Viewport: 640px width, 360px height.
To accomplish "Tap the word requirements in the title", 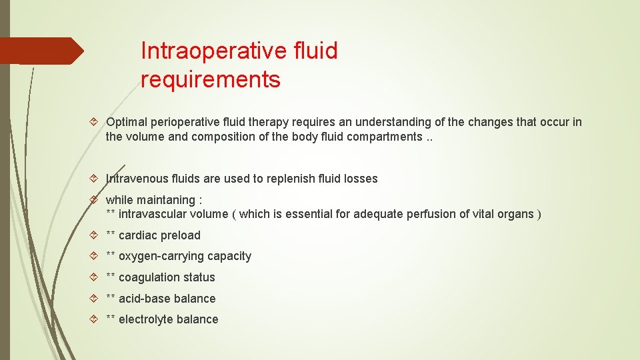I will click(x=211, y=80).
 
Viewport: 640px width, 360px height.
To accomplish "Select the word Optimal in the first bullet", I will click(x=127, y=122).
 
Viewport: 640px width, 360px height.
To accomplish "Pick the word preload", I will click(x=181, y=235).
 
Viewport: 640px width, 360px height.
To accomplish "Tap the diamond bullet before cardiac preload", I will click(x=95, y=235).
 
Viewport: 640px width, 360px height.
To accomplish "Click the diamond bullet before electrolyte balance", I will click(x=95, y=319).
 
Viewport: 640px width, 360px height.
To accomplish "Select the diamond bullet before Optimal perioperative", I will click(x=95, y=122).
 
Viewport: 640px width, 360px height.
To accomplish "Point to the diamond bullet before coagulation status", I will click(x=95, y=277).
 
